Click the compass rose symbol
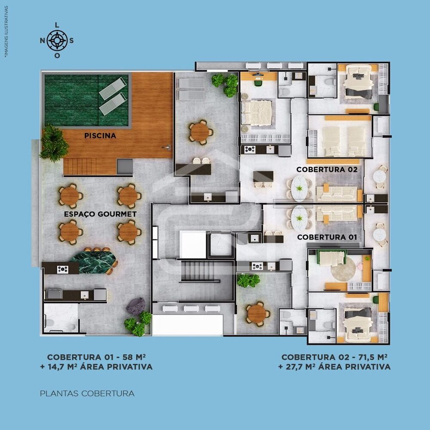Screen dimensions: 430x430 point(57,41)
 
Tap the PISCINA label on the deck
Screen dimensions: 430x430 point(100,135)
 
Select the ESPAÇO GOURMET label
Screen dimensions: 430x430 point(100,214)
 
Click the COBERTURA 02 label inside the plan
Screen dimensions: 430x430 point(327,169)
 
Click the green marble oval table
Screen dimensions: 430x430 point(93,261)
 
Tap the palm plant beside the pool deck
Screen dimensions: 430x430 point(54,143)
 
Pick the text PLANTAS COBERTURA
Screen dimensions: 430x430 point(87,393)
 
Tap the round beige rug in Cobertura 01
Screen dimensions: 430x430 point(343,269)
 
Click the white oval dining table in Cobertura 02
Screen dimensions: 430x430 point(299,187)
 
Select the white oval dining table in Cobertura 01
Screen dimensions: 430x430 point(299,218)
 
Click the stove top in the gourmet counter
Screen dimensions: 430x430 point(62,269)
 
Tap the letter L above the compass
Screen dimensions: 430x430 point(57,25)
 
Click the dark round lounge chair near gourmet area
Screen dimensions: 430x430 point(136,306)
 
